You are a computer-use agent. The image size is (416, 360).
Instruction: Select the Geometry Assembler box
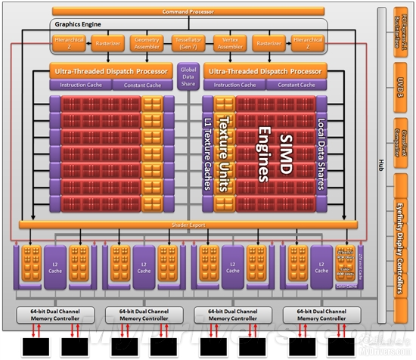[147, 43]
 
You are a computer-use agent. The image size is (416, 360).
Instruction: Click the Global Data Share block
[188, 76]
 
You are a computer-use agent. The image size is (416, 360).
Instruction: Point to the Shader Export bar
[188, 225]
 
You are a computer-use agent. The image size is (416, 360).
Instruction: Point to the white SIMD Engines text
[271, 156]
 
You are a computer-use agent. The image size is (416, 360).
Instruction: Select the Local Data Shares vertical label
[321, 155]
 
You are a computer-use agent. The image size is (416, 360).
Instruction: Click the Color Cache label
[346, 286]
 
